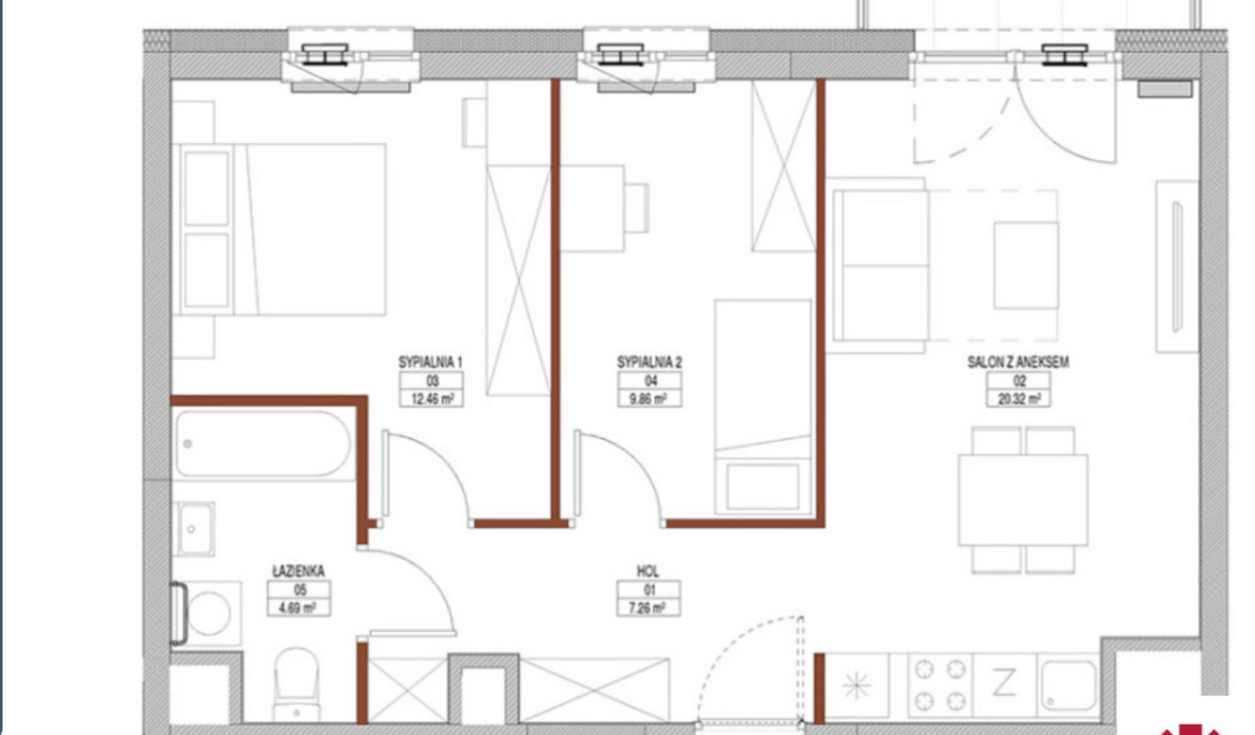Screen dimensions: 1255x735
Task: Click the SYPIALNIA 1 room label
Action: [x=430, y=362]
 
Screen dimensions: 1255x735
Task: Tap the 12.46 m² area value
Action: [x=432, y=399]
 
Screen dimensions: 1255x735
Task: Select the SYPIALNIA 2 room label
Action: [x=649, y=362]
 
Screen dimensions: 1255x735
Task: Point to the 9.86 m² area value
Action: [x=650, y=399]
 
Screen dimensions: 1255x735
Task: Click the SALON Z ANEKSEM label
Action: [x=1018, y=362]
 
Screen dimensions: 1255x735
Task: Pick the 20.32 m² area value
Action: [x=1019, y=399]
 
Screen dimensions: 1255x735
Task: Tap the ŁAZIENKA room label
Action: [x=298, y=571]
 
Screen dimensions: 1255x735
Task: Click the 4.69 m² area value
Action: [x=299, y=608]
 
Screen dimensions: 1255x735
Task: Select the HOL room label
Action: [x=648, y=572]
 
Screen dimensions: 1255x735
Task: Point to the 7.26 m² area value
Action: [x=649, y=608]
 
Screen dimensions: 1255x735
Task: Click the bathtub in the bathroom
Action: [x=263, y=444]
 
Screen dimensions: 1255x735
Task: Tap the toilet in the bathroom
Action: [x=297, y=684]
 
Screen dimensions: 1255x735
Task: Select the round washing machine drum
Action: [x=209, y=614]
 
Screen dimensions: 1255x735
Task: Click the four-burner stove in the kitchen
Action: [x=940, y=685]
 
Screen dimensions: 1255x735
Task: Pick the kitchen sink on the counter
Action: [x=1068, y=685]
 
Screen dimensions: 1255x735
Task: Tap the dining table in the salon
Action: [x=1023, y=500]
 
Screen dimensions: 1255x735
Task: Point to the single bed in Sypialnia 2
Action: [x=762, y=407]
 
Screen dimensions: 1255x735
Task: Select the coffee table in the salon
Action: [x=1026, y=266]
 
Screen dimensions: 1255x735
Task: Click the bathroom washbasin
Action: [x=194, y=529]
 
